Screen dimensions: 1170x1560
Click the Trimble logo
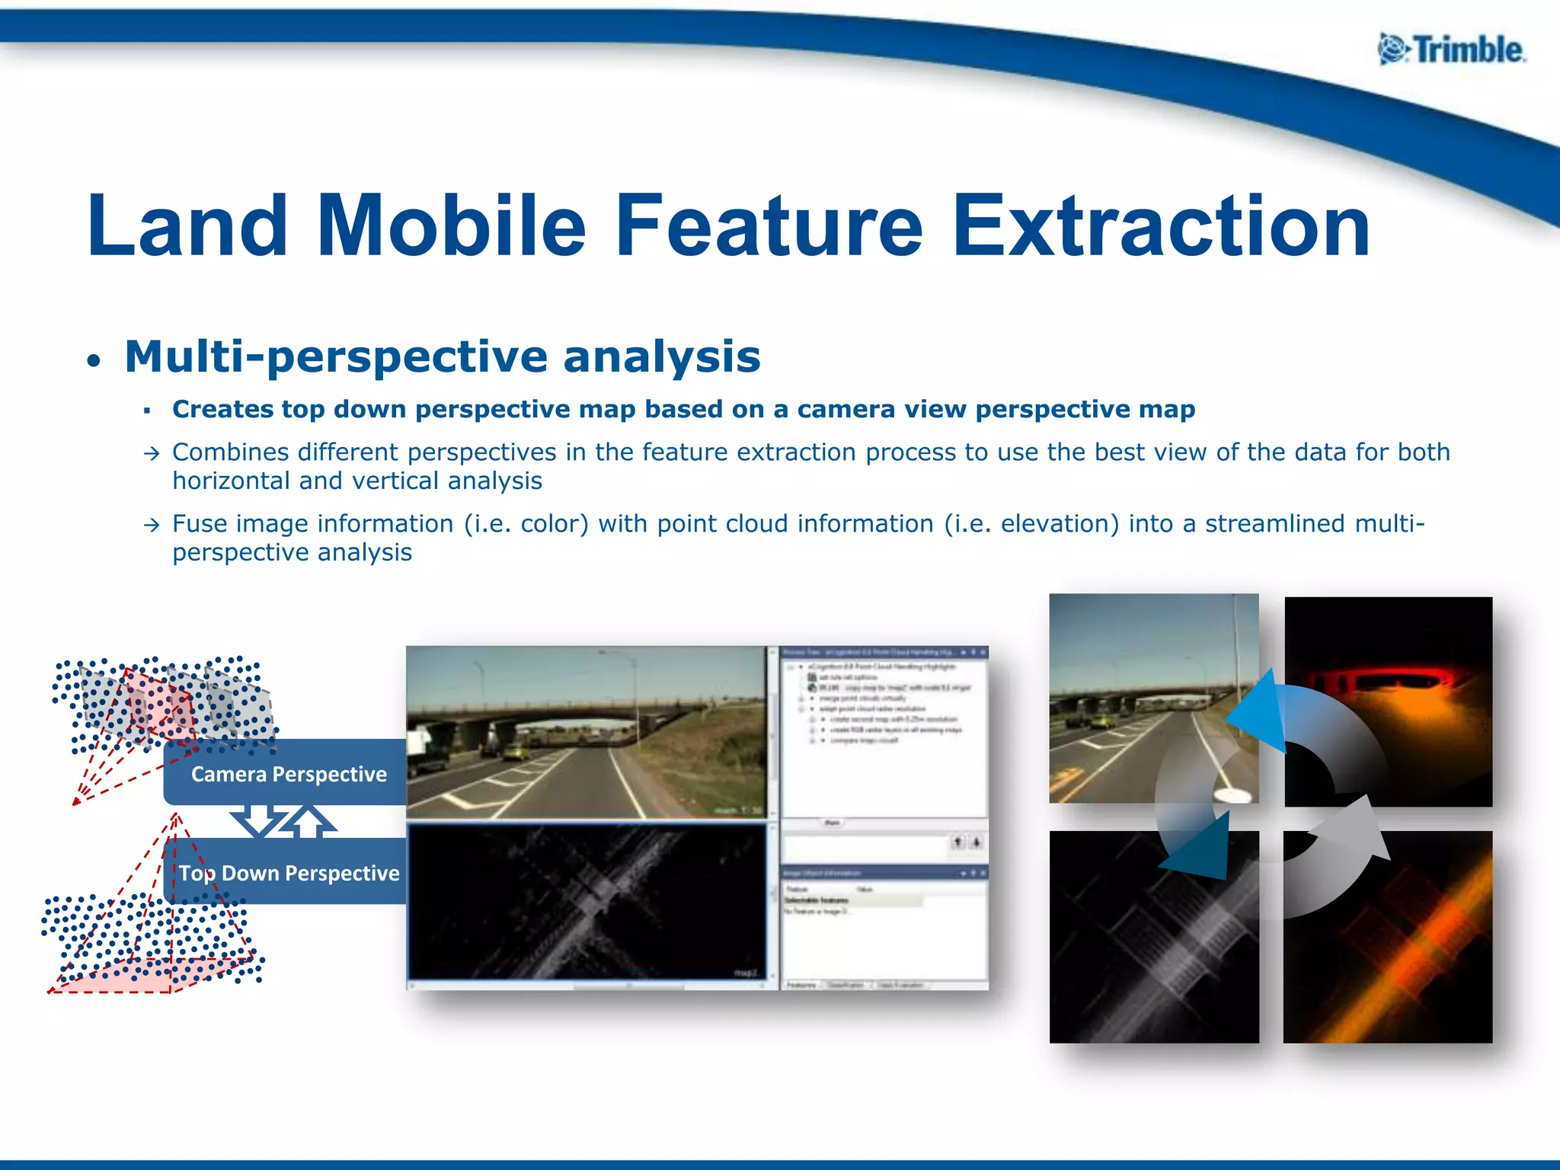1451,50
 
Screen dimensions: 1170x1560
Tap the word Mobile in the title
450,226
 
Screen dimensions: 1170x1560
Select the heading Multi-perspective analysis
442,356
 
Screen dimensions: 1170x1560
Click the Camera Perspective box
288,773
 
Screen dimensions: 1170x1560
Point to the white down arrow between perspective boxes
259,819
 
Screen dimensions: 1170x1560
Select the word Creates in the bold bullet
222,409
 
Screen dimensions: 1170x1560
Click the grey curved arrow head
1360,830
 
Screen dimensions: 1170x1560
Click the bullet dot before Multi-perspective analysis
93,360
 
